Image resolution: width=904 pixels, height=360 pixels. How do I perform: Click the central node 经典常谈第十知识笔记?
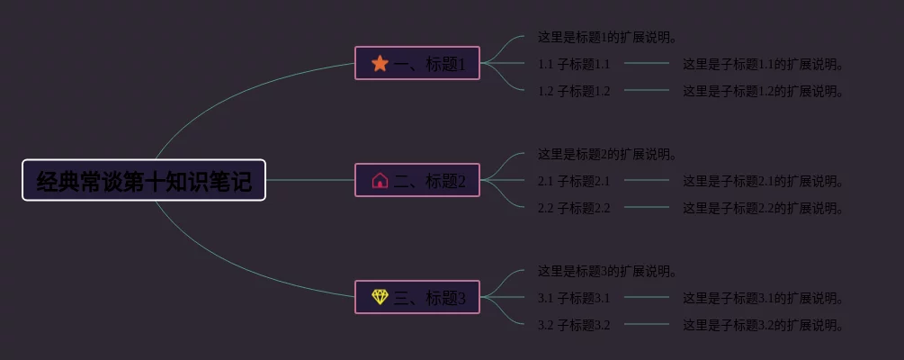click(144, 181)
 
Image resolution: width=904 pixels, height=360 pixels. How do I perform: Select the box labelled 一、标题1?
click(417, 63)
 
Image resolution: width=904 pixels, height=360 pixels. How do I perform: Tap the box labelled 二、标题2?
click(417, 180)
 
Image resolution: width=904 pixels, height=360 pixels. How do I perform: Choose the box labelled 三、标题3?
click(417, 297)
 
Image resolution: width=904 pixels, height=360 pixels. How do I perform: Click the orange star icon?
click(380, 63)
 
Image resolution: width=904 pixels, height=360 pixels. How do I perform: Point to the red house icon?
click(380, 180)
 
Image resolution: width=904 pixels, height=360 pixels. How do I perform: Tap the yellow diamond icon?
click(380, 297)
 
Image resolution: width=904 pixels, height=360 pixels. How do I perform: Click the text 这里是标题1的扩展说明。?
click(607, 38)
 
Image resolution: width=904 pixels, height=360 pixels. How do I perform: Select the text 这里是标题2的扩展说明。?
click(607, 155)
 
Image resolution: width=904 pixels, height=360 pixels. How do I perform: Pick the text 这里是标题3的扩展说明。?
click(607, 271)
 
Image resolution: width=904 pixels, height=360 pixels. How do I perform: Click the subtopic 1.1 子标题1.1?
click(574, 64)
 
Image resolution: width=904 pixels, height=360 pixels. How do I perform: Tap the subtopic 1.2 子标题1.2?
click(574, 91)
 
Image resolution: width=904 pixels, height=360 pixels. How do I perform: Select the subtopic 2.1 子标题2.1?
click(574, 181)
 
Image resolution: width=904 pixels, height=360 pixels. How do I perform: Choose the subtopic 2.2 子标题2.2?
click(574, 208)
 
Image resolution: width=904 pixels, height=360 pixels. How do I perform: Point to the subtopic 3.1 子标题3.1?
click(574, 298)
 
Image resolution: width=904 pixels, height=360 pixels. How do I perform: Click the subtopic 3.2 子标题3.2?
click(574, 325)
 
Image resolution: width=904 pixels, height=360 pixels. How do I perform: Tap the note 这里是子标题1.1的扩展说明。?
click(764, 64)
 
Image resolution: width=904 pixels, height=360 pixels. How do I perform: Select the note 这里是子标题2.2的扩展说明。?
click(764, 208)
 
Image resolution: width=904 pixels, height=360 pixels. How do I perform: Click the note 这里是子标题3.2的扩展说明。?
click(764, 325)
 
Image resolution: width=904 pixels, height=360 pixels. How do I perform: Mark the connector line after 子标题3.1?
click(647, 297)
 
